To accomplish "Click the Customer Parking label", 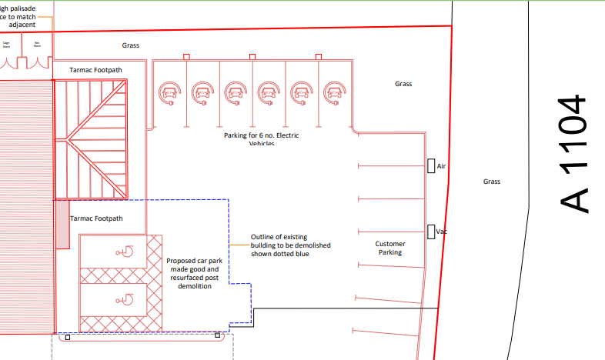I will [x=389, y=248].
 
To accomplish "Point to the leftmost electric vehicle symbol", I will [x=169, y=93].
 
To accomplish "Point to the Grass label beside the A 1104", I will [x=491, y=182].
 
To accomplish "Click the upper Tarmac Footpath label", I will [x=95, y=69].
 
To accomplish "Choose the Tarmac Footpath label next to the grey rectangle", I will [x=96, y=218].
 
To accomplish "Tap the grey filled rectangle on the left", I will [x=62, y=225].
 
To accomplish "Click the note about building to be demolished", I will [x=279, y=245].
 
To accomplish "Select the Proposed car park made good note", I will [x=193, y=273].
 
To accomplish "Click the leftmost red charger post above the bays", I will [x=186, y=56].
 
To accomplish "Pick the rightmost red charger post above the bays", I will [x=319, y=56].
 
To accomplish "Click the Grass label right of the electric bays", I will [x=403, y=83].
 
